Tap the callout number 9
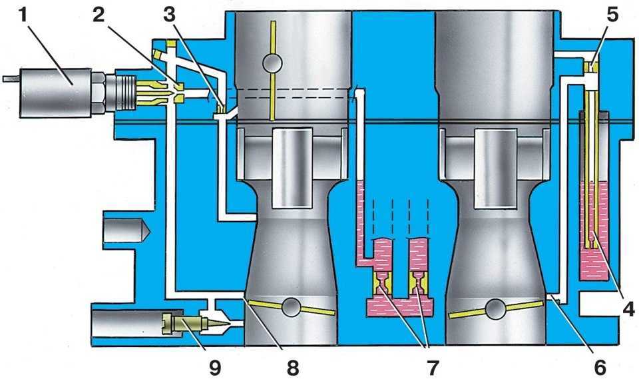[x=213, y=364]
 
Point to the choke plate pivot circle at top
[x=273, y=63]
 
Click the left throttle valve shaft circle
[x=290, y=307]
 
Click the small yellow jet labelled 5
[x=591, y=67]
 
